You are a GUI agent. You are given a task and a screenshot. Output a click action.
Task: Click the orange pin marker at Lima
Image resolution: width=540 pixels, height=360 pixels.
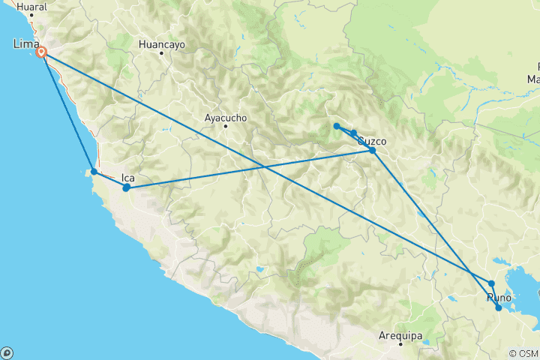[43, 52]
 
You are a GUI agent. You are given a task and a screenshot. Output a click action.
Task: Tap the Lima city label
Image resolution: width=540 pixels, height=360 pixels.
[26, 45]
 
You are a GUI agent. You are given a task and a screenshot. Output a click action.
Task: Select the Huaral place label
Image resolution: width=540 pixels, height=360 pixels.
[31, 7]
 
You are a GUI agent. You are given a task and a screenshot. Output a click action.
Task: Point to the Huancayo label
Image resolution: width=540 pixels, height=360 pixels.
[161, 44]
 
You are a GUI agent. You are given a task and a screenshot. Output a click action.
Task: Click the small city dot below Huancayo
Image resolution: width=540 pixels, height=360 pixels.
[160, 54]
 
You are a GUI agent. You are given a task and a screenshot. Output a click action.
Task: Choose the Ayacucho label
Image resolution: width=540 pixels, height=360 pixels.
[226, 118]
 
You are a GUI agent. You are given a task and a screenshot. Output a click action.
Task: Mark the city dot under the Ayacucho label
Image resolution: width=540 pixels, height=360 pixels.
[225, 126]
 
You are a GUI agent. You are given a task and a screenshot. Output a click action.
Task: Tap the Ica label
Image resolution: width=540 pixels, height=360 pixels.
[127, 178]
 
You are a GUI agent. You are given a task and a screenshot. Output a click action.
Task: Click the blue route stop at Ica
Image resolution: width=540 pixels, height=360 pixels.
[127, 187]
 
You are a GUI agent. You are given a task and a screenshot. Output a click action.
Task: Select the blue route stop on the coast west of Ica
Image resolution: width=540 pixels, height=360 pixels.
[94, 172]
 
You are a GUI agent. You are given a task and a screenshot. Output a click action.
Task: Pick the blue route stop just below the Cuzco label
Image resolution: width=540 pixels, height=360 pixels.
[372, 150]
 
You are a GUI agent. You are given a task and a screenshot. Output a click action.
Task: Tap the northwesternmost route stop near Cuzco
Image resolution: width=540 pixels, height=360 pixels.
[337, 126]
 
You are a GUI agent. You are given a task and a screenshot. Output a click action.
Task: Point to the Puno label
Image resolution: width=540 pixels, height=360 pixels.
[499, 298]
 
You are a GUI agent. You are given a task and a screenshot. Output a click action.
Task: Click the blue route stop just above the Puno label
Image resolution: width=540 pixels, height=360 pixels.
[491, 283]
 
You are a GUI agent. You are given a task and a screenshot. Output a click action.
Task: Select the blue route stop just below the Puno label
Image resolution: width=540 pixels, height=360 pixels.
[499, 307]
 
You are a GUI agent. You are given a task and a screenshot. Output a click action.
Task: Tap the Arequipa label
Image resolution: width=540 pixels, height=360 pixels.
[401, 335]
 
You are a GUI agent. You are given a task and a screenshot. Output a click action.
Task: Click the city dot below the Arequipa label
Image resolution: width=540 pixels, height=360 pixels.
[401, 344]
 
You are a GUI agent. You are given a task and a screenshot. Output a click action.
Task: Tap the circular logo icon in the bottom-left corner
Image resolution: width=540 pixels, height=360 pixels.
[7, 352]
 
